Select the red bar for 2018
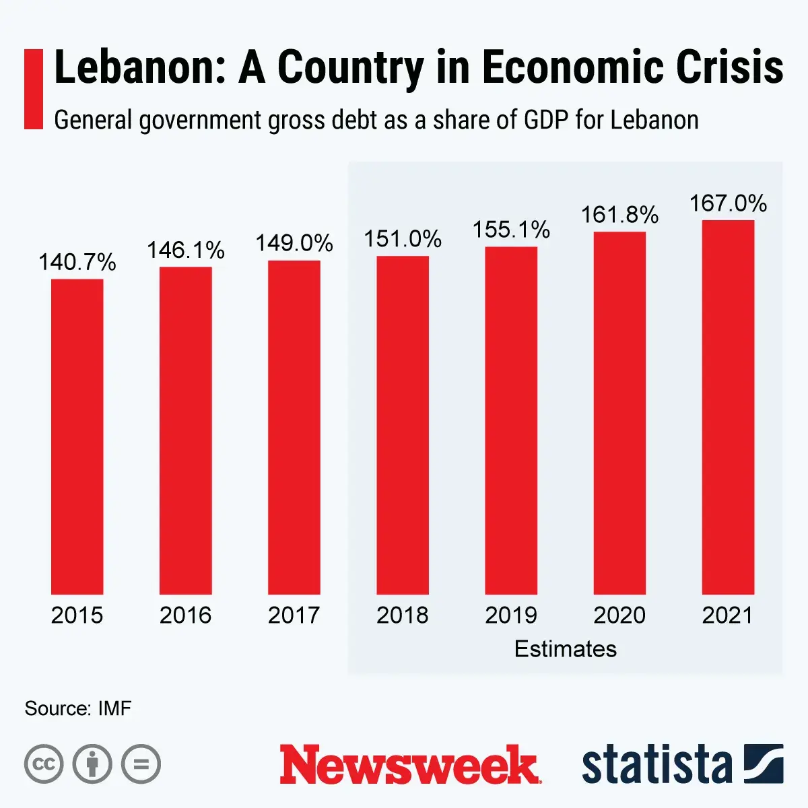(403, 425)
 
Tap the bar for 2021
(728, 407)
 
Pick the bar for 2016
(186, 430)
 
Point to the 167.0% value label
(728, 203)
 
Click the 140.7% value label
(77, 262)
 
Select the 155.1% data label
(511, 230)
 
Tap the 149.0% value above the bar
(294, 243)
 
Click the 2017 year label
(294, 615)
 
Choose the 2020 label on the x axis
(619, 615)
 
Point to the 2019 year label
(511, 615)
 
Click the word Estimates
(566, 648)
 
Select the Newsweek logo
(410, 765)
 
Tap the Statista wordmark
(656, 765)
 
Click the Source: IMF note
(78, 708)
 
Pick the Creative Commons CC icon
(44, 764)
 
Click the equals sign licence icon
(141, 764)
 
